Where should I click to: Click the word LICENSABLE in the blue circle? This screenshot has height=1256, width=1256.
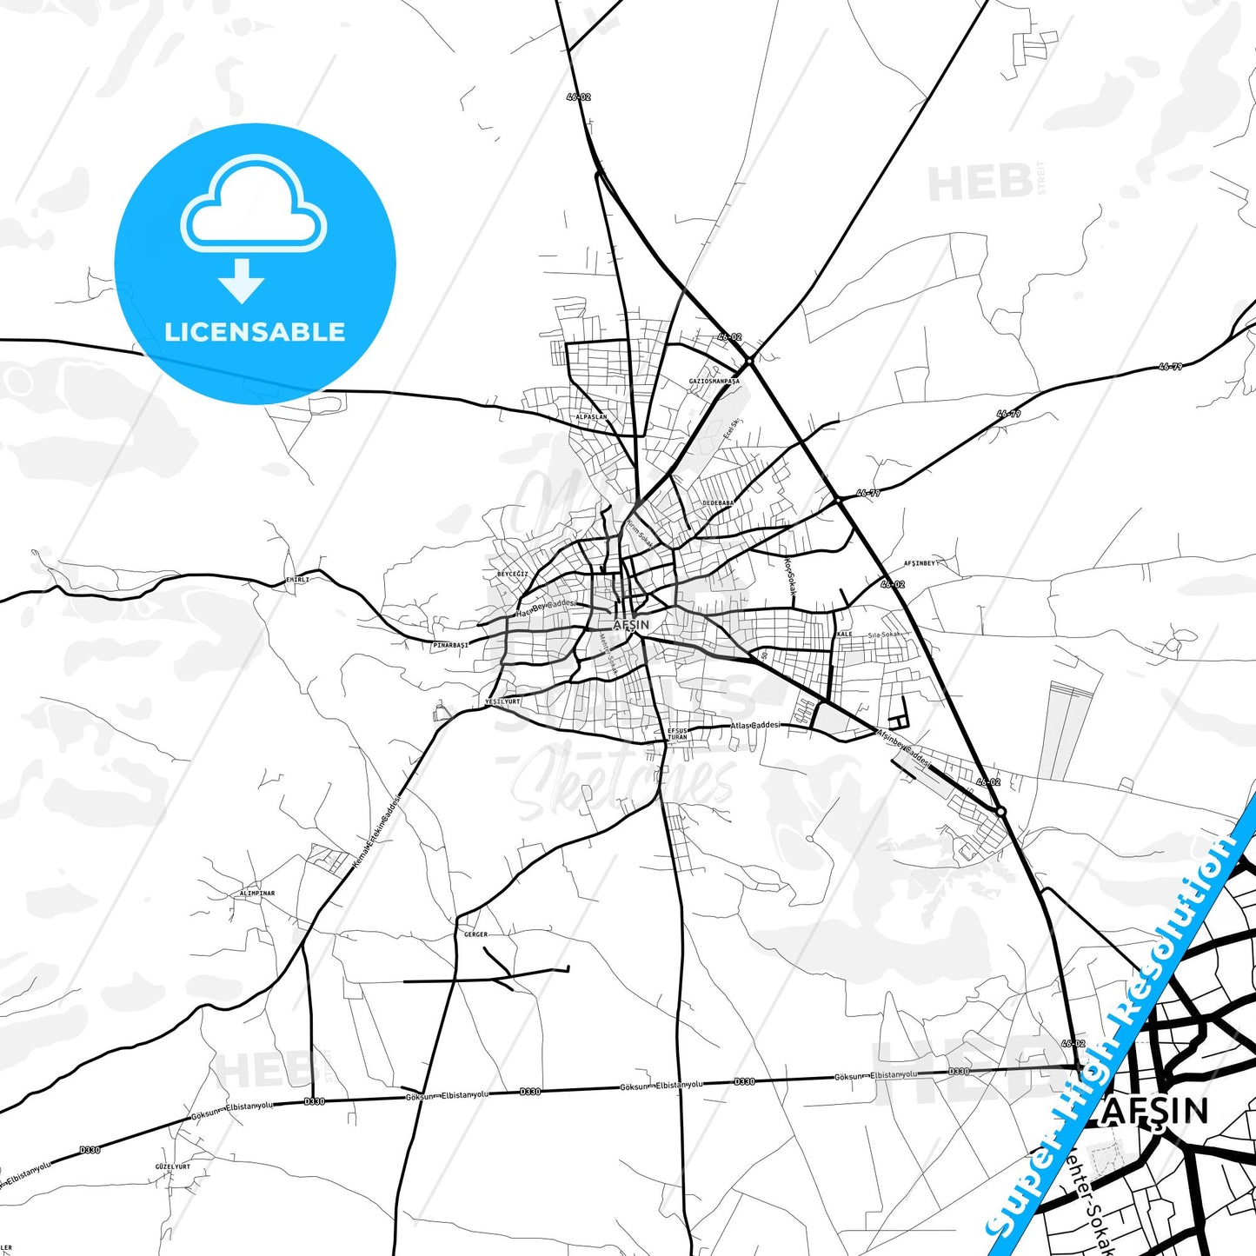[255, 332]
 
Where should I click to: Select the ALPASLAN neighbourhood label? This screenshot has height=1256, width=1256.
[591, 417]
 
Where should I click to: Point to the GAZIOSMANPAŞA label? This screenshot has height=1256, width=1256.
[714, 382]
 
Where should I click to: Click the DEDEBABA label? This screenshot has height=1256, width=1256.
[718, 503]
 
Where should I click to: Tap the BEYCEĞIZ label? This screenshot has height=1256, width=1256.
[512, 575]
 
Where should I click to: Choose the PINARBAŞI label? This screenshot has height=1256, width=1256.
[450, 646]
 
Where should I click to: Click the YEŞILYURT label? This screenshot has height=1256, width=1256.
[502, 701]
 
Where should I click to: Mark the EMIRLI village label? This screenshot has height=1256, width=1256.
[297, 580]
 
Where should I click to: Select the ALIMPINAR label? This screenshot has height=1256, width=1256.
[257, 894]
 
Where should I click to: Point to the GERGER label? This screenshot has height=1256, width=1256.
[475, 934]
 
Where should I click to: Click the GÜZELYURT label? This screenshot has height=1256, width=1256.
[172, 1166]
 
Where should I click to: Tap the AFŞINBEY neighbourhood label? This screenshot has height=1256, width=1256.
[920, 563]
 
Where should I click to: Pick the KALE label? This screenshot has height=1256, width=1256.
[844, 635]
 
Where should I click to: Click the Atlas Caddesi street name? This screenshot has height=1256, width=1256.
[755, 725]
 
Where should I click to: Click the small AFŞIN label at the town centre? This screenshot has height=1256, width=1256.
[631, 625]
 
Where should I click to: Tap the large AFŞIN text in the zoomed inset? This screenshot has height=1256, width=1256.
[1155, 1112]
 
